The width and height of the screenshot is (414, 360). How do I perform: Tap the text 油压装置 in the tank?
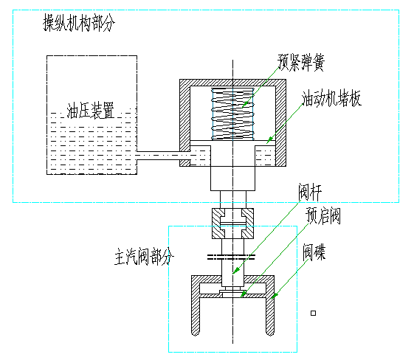click(x=91, y=110)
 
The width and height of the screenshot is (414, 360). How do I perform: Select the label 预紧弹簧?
click(x=301, y=62)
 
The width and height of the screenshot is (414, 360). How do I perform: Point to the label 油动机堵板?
click(x=331, y=98)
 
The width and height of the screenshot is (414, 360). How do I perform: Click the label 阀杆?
click(x=310, y=192)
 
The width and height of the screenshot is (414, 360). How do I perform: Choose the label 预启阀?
click(x=323, y=215)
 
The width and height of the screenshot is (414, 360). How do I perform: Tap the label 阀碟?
click(x=314, y=252)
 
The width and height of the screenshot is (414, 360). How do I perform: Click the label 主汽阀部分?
click(x=144, y=257)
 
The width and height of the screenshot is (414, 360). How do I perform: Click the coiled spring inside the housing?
click(x=232, y=114)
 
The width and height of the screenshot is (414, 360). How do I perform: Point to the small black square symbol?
click(x=313, y=314)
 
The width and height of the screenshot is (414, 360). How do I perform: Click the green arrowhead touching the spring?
click(x=245, y=105)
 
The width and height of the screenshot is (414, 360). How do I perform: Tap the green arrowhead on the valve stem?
click(x=237, y=270)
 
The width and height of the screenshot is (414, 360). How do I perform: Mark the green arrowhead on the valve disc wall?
click(x=275, y=296)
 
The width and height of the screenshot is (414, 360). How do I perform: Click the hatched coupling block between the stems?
click(x=232, y=224)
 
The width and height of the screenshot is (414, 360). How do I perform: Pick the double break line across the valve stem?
click(x=231, y=257)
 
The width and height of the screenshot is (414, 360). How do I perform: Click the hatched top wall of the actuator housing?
click(x=232, y=83)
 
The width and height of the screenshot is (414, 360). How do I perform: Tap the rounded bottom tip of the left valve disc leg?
click(x=195, y=333)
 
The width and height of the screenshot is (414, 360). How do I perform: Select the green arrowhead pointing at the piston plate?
click(x=269, y=140)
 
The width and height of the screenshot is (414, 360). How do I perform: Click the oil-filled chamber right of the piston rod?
click(x=265, y=156)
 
